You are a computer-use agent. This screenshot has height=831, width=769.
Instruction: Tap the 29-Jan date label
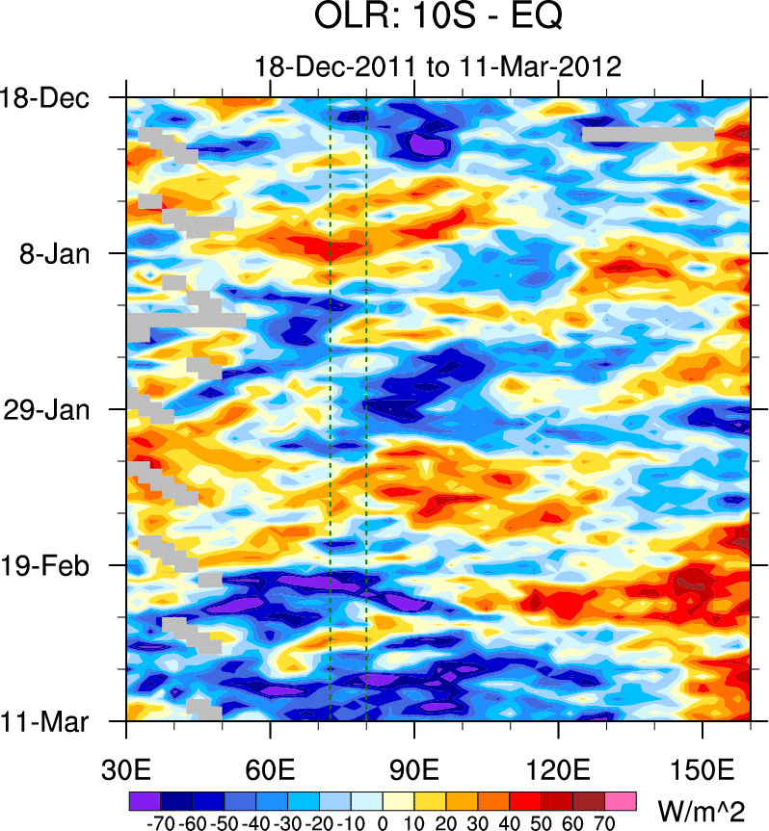(x=49, y=409)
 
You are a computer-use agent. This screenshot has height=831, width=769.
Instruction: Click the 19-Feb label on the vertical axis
(x=49, y=565)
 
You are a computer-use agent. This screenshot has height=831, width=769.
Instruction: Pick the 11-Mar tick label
(x=49, y=720)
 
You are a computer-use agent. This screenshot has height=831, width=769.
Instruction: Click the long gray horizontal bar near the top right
(x=648, y=135)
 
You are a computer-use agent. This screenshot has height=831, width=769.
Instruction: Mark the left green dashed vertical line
(x=330, y=404)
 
